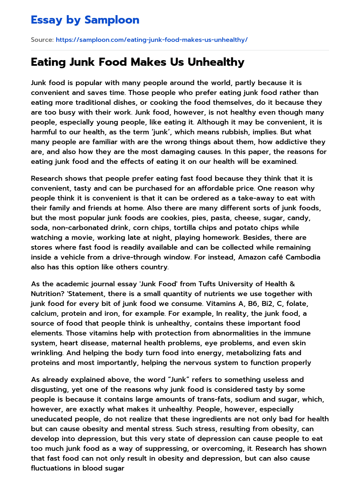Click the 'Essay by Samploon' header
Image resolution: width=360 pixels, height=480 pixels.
pyautogui.click(x=85, y=20)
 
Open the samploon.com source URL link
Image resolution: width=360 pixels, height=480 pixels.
pyautogui.click(x=152, y=40)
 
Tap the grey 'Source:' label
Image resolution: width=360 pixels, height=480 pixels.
pyautogui.click(x=42, y=40)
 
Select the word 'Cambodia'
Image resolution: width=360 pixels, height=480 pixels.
pyautogui.click(x=303, y=257)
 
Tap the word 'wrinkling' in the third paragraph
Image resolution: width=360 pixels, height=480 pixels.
pyautogui.click(x=47, y=353)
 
